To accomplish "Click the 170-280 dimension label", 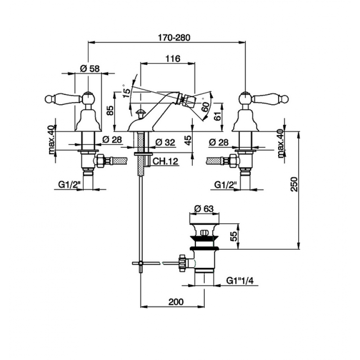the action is point(174,37).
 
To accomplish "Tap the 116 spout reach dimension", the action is point(173,58).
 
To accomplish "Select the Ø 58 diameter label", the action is point(90,68).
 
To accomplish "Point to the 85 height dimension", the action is point(110,111).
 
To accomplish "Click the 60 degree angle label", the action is point(206,107).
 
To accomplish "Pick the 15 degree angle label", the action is point(126,92).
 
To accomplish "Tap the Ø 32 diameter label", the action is point(165,142).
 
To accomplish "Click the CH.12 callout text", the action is point(165,161).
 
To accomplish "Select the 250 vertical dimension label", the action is point(294,184).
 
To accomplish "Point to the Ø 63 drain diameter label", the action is point(204,208).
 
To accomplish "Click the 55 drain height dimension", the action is point(233,236).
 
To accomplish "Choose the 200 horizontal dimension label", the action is point(176,301).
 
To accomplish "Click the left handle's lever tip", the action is point(48,99).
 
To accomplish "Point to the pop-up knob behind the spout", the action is point(140,112).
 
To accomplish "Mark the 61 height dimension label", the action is point(218,115).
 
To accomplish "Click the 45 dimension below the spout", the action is point(188,140).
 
